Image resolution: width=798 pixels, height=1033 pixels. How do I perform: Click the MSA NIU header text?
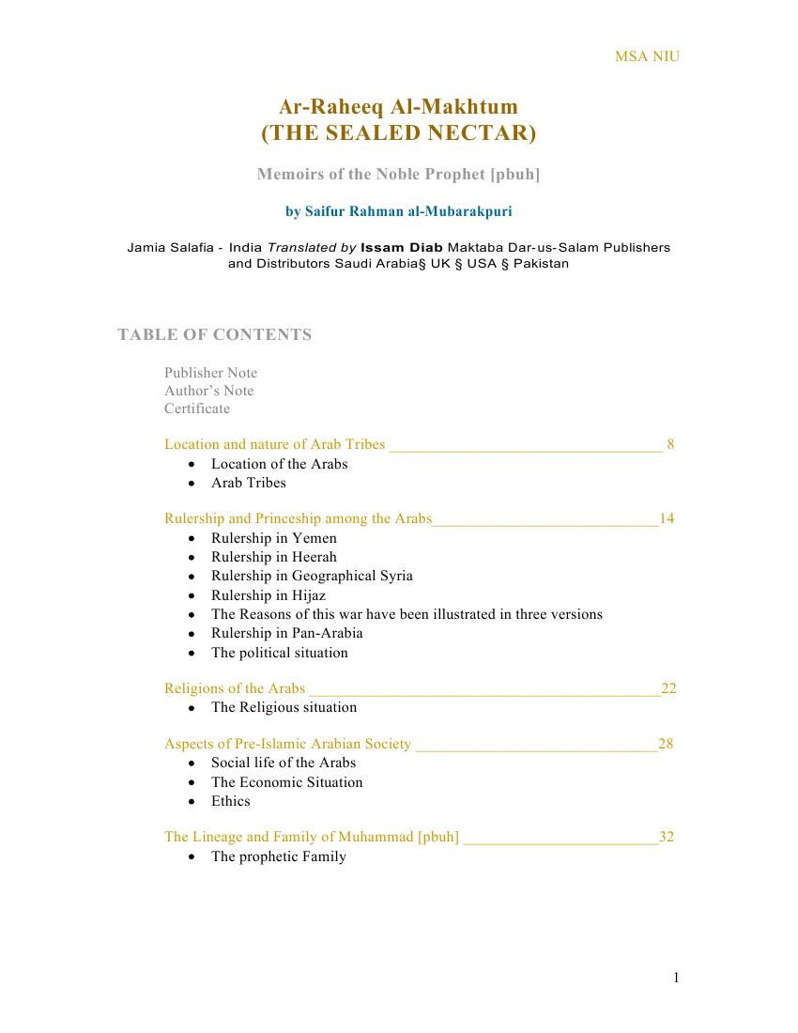pyautogui.click(x=647, y=56)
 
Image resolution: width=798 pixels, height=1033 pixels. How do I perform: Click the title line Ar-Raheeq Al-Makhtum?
pyautogui.click(x=398, y=107)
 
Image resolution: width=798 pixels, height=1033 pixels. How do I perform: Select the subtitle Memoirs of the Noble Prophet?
pyautogui.click(x=398, y=175)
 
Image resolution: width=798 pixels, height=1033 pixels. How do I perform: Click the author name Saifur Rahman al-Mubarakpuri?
pyautogui.click(x=398, y=211)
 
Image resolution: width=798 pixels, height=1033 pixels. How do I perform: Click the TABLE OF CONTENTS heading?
pyautogui.click(x=214, y=335)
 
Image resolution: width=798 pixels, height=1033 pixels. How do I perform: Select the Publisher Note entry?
pyautogui.click(x=210, y=373)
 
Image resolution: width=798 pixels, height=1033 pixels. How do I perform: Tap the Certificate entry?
pyautogui.click(x=197, y=409)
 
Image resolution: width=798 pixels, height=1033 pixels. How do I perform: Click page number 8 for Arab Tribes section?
pyautogui.click(x=669, y=444)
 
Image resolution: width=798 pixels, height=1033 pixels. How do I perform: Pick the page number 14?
pyautogui.click(x=667, y=518)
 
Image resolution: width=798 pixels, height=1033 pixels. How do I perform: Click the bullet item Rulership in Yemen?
pyautogui.click(x=273, y=538)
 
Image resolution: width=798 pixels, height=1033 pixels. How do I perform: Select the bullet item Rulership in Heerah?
pyautogui.click(x=273, y=557)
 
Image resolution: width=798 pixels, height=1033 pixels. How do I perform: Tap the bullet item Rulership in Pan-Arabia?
pyautogui.click(x=286, y=633)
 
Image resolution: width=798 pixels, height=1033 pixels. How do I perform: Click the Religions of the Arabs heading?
pyautogui.click(x=235, y=688)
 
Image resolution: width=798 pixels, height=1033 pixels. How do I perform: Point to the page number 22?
pyautogui.click(x=668, y=688)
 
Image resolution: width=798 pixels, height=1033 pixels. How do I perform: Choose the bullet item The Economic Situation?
pyautogui.click(x=286, y=782)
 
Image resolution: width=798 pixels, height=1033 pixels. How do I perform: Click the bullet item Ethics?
pyautogui.click(x=231, y=801)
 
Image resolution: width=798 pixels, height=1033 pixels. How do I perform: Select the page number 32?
pyautogui.click(x=667, y=837)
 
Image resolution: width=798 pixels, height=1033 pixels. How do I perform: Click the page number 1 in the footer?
pyautogui.click(x=676, y=979)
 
